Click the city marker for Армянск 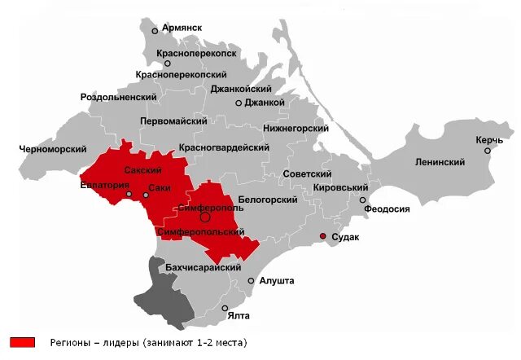coord(155,31)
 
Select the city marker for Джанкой coord(239,103)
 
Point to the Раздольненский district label coord(119,97)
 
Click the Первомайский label coord(173,121)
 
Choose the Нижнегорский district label coord(296,129)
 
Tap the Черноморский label coord(53,150)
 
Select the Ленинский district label coord(440,162)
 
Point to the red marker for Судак coord(322,236)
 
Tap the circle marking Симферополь coord(205,217)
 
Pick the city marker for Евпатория coord(129,195)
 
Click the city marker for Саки coord(146,195)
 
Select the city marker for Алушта coord(252,280)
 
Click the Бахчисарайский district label coord(204,267)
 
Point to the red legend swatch coord(23,342)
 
